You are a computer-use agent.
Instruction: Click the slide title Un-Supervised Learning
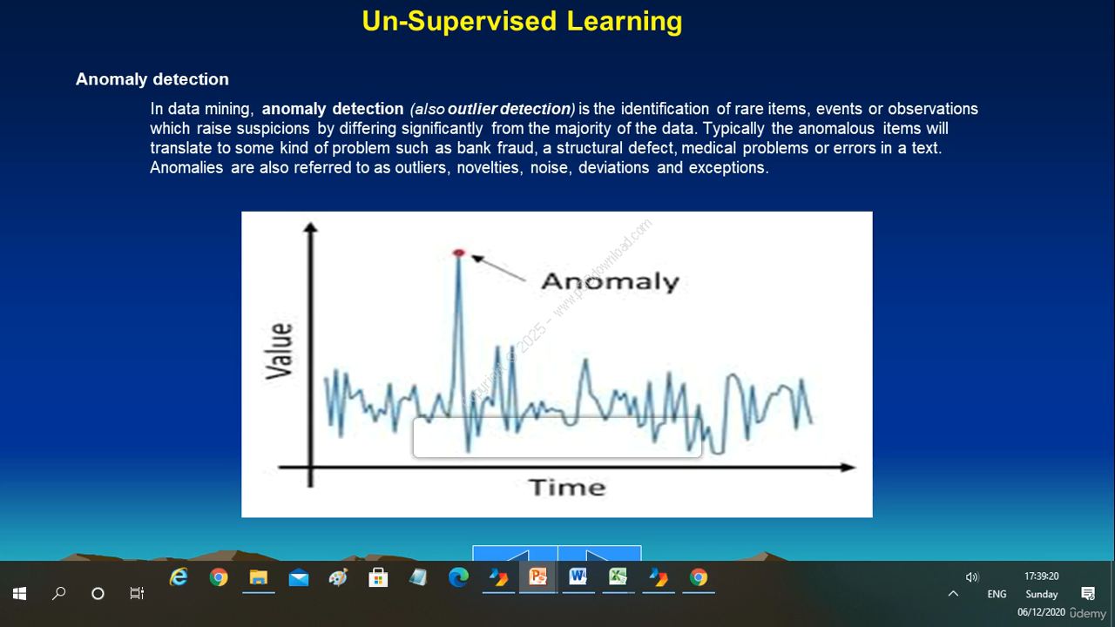pyautogui.click(x=522, y=22)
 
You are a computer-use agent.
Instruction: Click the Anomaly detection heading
pyautogui.click(x=152, y=79)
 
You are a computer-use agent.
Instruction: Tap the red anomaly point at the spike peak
pyautogui.click(x=458, y=253)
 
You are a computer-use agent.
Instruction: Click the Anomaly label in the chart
pyautogui.click(x=611, y=281)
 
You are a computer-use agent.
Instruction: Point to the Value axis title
pyautogui.click(x=280, y=351)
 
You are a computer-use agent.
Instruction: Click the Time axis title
pyautogui.click(x=567, y=487)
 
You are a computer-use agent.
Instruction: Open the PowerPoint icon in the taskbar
pyautogui.click(x=538, y=577)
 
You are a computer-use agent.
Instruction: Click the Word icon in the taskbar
pyautogui.click(x=578, y=577)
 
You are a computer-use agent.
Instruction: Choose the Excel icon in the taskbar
pyautogui.click(x=618, y=577)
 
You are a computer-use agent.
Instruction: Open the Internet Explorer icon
pyautogui.click(x=179, y=577)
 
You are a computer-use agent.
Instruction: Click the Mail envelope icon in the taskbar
pyautogui.click(x=299, y=578)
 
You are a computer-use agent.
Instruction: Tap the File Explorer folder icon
pyautogui.click(x=259, y=577)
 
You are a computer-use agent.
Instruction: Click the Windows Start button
pyautogui.click(x=19, y=593)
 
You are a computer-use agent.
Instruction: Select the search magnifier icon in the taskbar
pyautogui.click(x=58, y=593)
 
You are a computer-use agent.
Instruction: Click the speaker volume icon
pyautogui.click(x=971, y=576)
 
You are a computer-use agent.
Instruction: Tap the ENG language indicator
pyautogui.click(x=997, y=594)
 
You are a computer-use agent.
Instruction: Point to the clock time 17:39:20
pyautogui.click(x=1041, y=576)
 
